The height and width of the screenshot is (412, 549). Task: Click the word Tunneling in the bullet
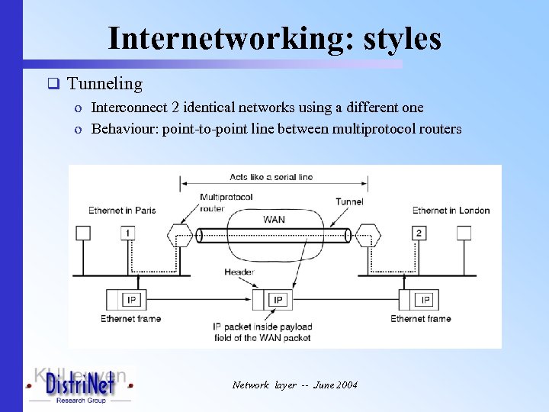coord(104,84)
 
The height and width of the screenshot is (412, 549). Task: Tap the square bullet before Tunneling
coord(53,84)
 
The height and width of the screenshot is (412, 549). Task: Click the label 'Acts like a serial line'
coord(271,177)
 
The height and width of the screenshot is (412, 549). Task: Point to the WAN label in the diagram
coord(274,220)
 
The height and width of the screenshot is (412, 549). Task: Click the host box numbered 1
coord(129,233)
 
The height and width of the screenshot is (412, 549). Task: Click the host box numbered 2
coord(419,233)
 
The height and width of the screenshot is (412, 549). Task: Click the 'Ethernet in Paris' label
coord(122,211)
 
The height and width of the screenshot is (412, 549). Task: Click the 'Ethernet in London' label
coord(451,211)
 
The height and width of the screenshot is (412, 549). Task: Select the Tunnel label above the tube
coord(349,202)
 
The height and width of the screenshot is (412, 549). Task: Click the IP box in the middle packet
coord(278,300)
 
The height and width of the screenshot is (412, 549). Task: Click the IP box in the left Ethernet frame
coord(130,299)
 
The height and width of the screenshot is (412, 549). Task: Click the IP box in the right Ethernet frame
coord(425,299)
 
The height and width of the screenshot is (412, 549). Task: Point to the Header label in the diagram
coord(239,272)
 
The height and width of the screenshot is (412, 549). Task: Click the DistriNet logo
coord(80,387)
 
